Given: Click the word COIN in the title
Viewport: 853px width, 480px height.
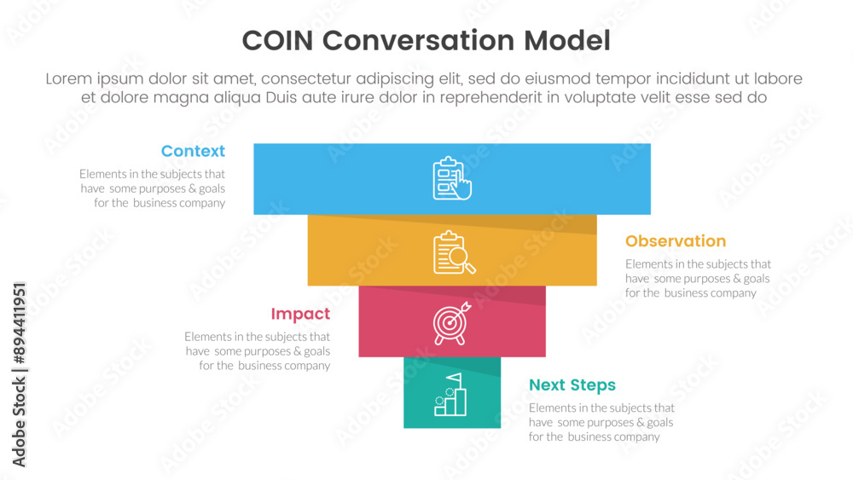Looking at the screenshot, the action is (x=279, y=41).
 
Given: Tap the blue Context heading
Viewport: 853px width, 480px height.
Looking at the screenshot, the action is (x=193, y=151).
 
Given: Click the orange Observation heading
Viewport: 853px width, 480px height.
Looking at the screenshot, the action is (x=676, y=241).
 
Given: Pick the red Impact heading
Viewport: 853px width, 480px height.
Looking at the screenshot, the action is (x=300, y=314).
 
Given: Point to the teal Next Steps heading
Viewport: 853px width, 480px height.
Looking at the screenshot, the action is (x=572, y=385).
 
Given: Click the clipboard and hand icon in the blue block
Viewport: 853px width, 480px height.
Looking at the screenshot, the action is (x=452, y=178).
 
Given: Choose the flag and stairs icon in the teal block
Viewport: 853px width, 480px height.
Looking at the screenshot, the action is (x=451, y=395).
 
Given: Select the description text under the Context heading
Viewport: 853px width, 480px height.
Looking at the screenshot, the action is (x=153, y=188).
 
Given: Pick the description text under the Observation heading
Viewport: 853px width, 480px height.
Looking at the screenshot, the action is (x=698, y=279).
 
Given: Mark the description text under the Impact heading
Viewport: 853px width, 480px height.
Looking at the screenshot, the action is (x=258, y=351).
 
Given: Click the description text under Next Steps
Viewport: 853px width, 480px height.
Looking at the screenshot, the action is (x=601, y=422).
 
